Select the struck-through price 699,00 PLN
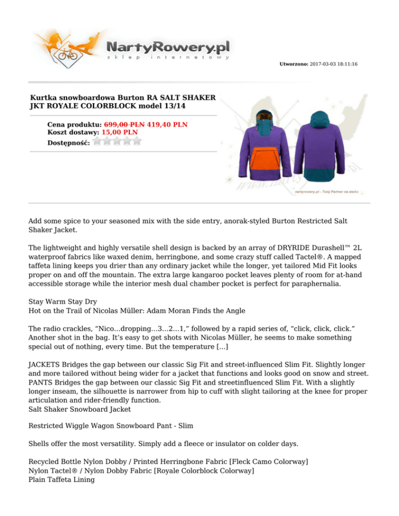click(124, 125)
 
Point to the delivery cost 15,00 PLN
click(119, 132)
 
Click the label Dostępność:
click(68, 142)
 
